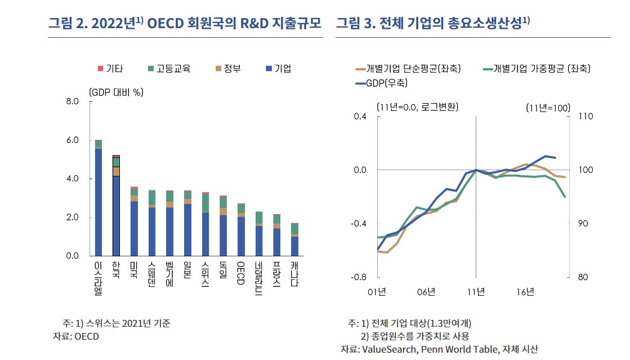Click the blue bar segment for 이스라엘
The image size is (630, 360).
[99, 202]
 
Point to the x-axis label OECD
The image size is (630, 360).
[241, 273]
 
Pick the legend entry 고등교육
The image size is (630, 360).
[169, 69]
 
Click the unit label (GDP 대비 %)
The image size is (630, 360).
[115, 91]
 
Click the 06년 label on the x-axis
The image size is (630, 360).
[427, 291]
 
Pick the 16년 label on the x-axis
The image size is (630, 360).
[525, 291]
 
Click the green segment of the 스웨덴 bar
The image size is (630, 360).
[151, 197]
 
